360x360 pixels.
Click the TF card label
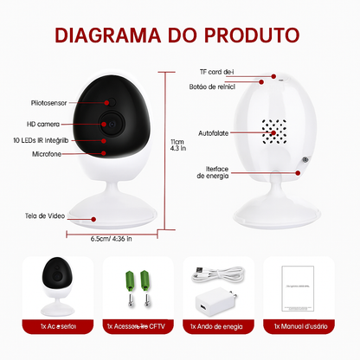(216, 72)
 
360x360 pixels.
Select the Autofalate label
(214, 135)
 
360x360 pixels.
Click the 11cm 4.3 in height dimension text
(178, 146)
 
